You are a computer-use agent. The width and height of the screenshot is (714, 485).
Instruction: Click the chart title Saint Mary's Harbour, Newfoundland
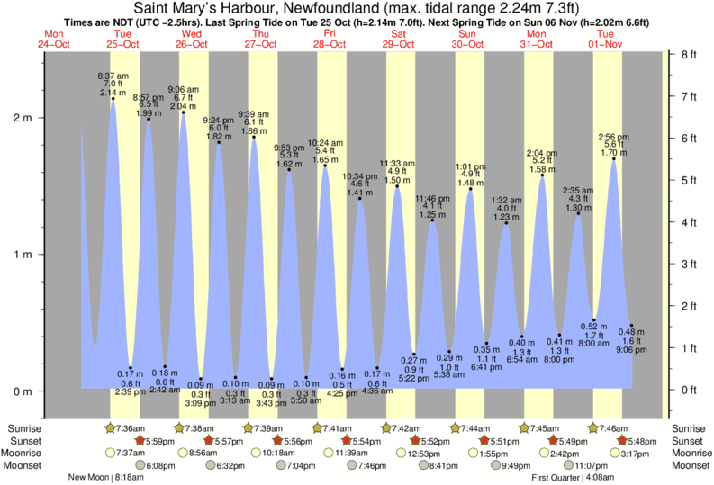357,8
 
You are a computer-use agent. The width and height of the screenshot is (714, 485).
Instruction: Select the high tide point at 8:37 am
113,98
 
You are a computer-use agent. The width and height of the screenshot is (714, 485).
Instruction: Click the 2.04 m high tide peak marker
184,112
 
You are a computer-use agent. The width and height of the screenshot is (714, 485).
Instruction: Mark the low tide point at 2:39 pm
131,367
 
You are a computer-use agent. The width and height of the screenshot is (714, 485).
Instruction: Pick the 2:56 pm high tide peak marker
613,159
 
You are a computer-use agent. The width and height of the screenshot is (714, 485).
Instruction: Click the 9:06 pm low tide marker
631,325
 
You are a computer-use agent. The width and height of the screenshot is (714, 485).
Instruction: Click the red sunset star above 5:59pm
140,440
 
